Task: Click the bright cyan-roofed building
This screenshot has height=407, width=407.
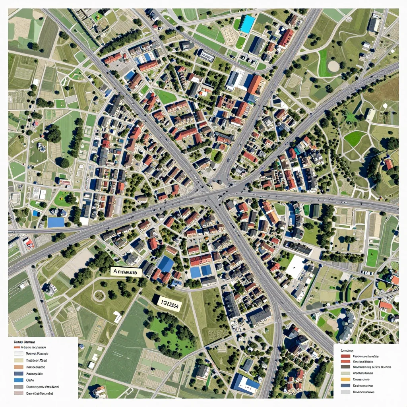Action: coord(247,24)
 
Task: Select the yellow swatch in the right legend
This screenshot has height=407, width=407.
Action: coord(345,379)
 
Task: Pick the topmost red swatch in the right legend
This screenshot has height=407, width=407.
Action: coord(345,356)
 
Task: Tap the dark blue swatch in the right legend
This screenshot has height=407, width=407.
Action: coord(345,385)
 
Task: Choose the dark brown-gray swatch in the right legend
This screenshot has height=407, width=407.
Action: coord(345,367)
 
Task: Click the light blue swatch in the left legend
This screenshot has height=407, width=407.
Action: coord(18,380)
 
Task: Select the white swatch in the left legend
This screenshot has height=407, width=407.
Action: coord(18,353)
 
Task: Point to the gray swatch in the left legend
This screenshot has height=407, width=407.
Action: coord(18,386)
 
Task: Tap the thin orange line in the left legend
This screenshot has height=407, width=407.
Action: coord(18,347)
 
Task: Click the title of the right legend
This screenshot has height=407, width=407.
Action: coord(347,351)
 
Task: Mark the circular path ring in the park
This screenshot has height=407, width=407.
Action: coord(99,295)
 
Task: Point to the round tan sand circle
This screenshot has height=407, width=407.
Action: coord(333,66)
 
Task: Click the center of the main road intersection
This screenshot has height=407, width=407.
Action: coord(211,194)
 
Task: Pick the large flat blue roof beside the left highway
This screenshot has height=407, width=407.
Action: coord(56,222)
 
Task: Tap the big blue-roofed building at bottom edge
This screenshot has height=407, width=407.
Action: coord(245,384)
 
